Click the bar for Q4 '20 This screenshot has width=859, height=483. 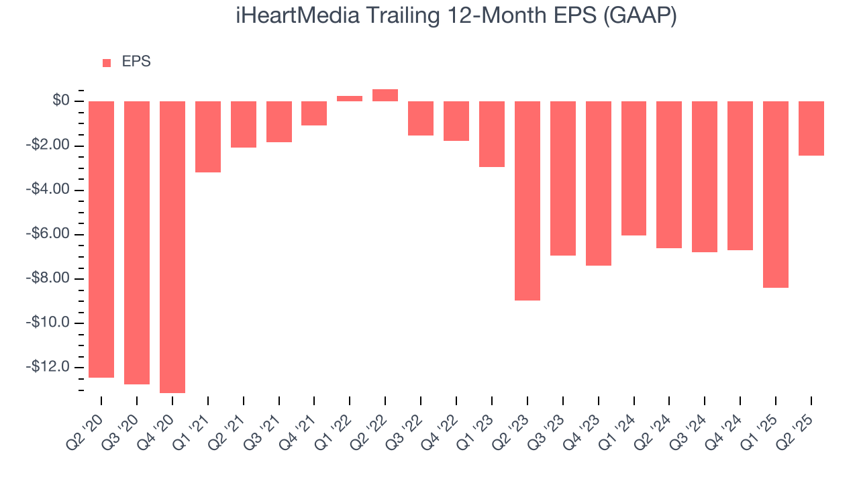[x=172, y=247]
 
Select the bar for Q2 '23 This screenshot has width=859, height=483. [x=527, y=201]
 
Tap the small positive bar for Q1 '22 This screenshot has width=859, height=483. [x=350, y=99]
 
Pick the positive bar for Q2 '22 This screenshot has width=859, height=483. [x=385, y=95]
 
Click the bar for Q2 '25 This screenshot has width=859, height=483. [x=811, y=128]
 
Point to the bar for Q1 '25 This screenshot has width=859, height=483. [x=776, y=194]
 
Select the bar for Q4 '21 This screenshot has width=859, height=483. [x=314, y=113]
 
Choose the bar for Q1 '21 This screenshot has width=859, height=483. [x=208, y=137]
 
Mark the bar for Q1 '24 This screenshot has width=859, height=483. [x=634, y=168]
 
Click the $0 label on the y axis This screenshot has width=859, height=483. [x=61, y=101]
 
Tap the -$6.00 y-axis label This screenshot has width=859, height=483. [x=48, y=234]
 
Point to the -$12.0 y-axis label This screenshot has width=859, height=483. [x=48, y=367]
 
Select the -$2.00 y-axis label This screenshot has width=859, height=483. [x=48, y=146]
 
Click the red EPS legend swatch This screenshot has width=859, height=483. [x=107, y=63]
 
